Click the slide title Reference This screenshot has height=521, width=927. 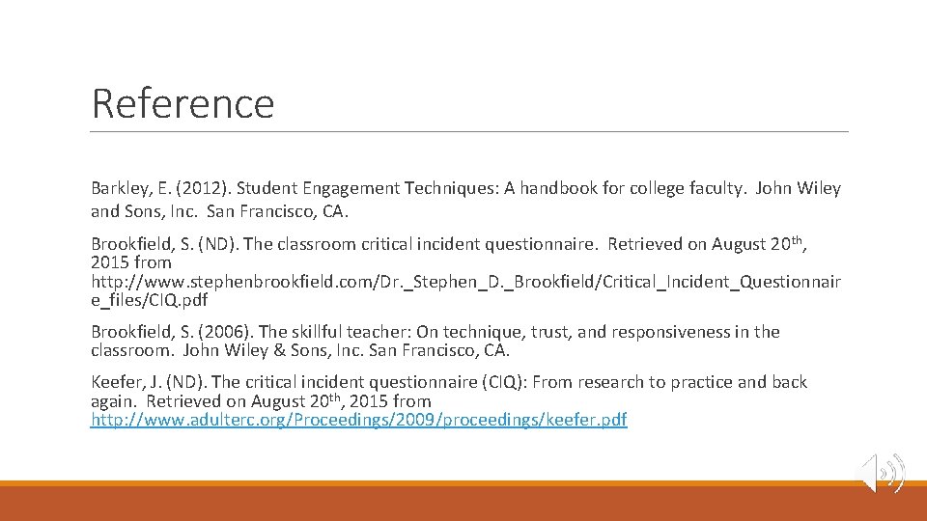click(x=183, y=103)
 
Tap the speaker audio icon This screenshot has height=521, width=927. click(x=883, y=473)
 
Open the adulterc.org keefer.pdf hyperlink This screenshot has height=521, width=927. click(x=358, y=421)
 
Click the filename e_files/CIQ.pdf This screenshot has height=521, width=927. click(x=150, y=300)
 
